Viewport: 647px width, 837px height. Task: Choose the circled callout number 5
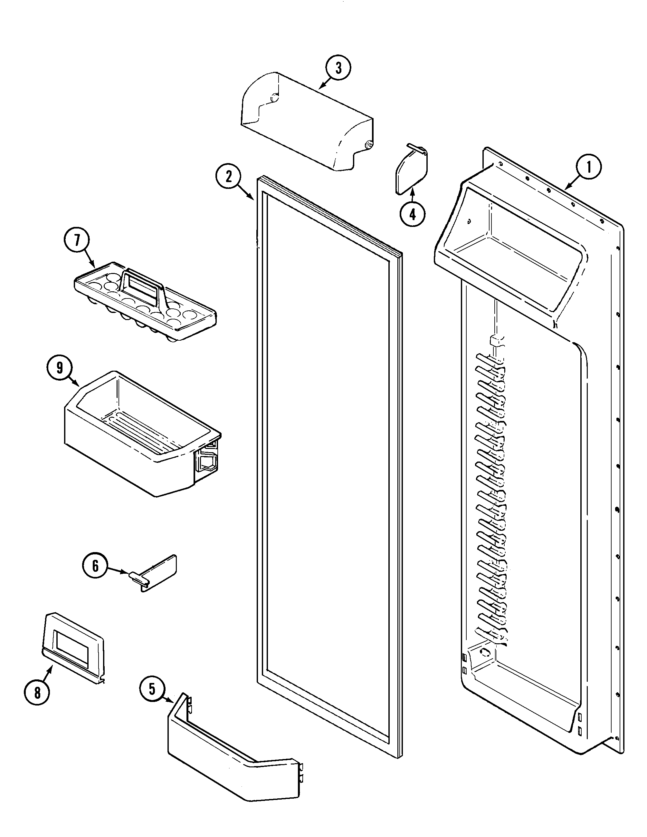152,689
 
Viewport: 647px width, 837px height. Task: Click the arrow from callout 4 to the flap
412,195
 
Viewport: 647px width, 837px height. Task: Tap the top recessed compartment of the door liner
513,245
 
